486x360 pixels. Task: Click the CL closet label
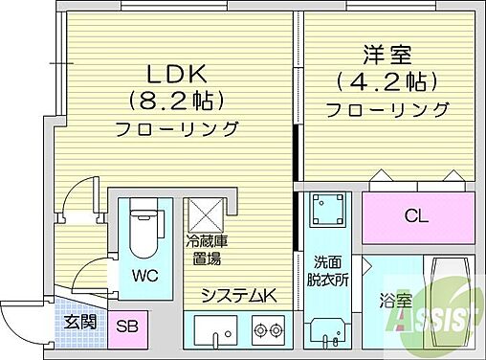click(417, 214)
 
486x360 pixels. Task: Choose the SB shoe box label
click(126, 326)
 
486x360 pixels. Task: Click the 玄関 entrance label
click(79, 323)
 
